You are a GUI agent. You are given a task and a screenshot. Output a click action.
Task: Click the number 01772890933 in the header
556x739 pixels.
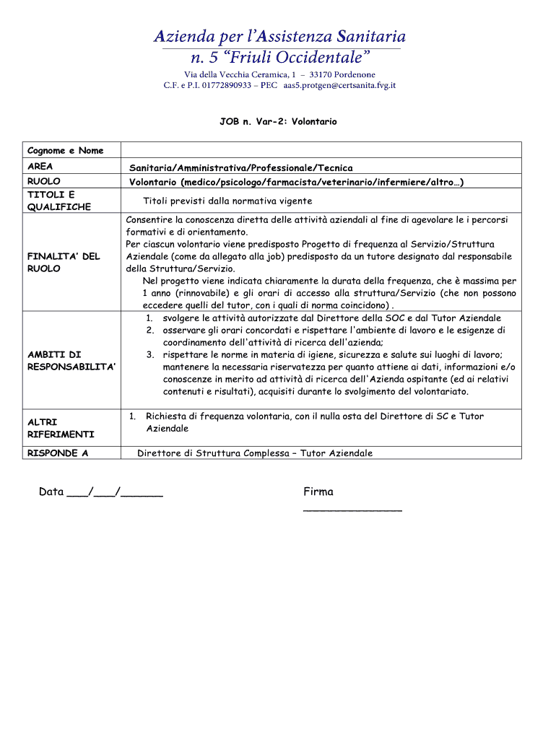point(217,85)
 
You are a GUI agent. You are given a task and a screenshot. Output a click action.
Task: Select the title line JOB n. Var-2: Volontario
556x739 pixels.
point(278,122)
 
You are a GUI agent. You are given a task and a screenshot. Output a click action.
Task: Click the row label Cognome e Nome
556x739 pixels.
point(65,151)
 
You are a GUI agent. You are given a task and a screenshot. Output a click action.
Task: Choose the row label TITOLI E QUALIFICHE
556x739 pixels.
point(59,201)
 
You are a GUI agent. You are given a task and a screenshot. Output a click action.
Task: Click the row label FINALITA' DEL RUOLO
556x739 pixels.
point(64,262)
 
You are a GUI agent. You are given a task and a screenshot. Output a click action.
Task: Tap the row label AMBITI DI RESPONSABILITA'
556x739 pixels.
point(71,361)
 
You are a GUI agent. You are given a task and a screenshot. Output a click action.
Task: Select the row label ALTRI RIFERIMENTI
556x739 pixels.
point(61,428)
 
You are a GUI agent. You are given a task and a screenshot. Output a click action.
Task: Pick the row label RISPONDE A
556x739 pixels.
point(58,453)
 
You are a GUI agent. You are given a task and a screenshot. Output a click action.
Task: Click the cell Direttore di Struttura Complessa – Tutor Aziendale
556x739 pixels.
point(255,453)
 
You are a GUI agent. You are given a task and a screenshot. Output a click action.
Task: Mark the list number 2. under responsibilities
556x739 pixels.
point(149,330)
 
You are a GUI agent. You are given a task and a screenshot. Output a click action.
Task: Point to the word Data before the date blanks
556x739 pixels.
point(51,492)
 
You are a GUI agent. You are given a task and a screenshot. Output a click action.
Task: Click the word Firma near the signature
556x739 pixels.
point(318,492)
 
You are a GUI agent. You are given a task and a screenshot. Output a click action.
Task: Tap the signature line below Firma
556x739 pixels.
point(352,510)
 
